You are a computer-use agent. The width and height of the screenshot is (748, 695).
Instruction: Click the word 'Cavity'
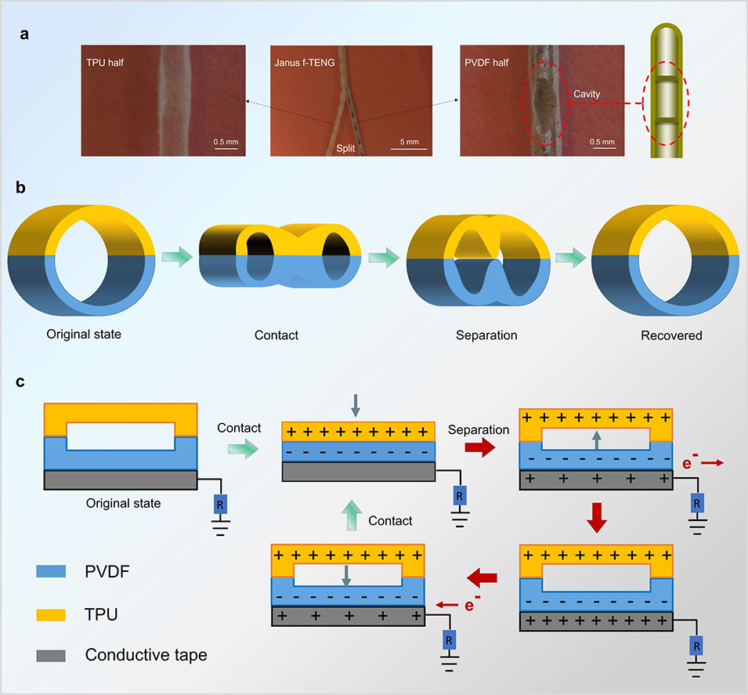[586, 94]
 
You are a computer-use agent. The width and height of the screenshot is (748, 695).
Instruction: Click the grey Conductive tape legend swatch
[49, 653]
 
